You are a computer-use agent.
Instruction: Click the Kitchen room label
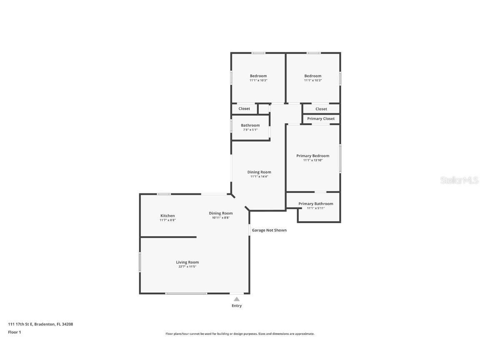(167, 216)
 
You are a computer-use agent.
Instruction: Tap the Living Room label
(187, 262)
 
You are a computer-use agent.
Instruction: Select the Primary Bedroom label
(312, 156)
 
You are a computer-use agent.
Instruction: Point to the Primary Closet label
(321, 119)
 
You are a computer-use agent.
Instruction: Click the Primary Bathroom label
(315, 204)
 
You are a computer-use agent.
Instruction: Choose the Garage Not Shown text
(269, 230)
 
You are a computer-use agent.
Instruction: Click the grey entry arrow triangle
(237, 299)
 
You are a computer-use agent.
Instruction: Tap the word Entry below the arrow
(237, 306)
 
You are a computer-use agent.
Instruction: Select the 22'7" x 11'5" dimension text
(187, 267)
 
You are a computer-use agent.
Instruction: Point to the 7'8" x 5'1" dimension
(250, 130)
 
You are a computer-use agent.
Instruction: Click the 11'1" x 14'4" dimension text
(259, 176)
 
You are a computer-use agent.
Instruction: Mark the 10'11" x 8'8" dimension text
(221, 217)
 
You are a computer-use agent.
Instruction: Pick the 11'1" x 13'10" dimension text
(312, 160)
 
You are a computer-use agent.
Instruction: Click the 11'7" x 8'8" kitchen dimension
(167, 220)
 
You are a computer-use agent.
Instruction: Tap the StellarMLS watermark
(459, 180)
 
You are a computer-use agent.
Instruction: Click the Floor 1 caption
(14, 332)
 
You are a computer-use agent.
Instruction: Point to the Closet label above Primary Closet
(321, 109)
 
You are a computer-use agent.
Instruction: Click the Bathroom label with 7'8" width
(250, 125)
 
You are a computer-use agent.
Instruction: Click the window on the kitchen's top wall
(164, 194)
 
